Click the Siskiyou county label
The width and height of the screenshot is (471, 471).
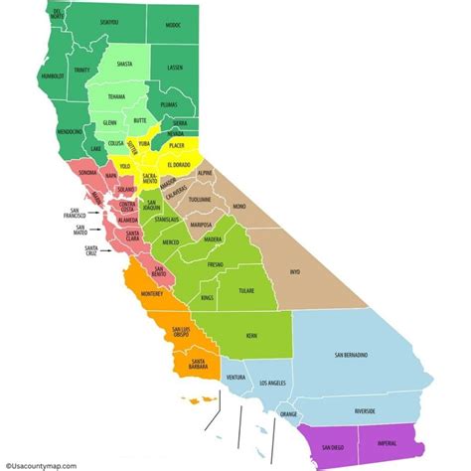108,21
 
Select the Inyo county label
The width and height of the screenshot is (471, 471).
294,269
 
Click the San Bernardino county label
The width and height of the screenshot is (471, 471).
351,354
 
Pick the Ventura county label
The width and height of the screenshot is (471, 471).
235,378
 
